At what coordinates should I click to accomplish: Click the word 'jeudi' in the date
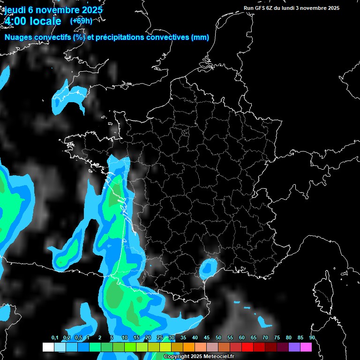pyautogui.click(x=15, y=10)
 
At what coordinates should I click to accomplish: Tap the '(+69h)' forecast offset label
pyautogui.click(x=81, y=21)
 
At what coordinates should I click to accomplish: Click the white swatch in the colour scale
pyautogui.click(x=48, y=347)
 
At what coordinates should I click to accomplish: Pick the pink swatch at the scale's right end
pyautogui.click(x=306, y=347)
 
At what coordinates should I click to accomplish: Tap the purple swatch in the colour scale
pyautogui.click(x=294, y=347)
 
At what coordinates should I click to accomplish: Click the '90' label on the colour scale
pyautogui.click(x=312, y=337)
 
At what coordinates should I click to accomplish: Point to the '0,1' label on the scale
pyautogui.click(x=55, y=337)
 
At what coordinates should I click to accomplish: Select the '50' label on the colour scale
pyautogui.click(x=218, y=337)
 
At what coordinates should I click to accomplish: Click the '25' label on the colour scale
pyautogui.click(x=160, y=337)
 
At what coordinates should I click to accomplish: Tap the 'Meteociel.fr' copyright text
pyautogui.click(x=217, y=356)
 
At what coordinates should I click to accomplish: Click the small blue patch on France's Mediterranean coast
pyautogui.click(x=207, y=268)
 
